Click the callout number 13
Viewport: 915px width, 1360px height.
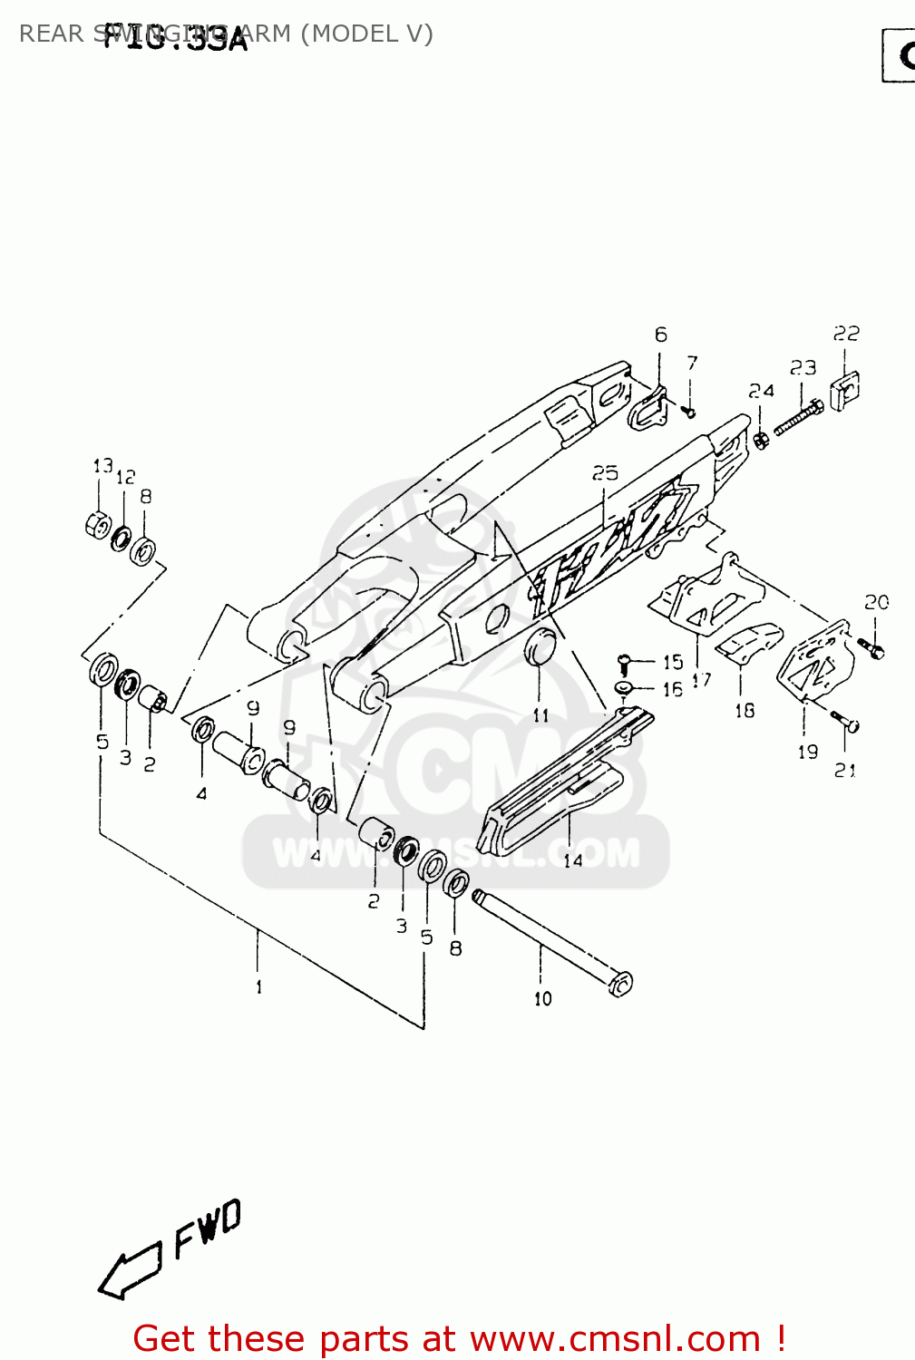102,466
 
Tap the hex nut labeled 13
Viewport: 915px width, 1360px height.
98,525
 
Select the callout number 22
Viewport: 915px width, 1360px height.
846,334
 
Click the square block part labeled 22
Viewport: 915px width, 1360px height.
844,389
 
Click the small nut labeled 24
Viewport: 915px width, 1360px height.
762,441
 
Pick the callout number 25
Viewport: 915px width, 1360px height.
605,472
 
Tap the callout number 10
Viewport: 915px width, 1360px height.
542,998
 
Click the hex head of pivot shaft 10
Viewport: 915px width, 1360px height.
620,984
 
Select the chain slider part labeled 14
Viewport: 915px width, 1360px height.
553,789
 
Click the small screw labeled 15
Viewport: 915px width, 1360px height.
624,662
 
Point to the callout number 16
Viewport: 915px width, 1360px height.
672,689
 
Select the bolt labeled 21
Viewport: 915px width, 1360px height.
847,723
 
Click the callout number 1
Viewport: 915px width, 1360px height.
258,986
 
